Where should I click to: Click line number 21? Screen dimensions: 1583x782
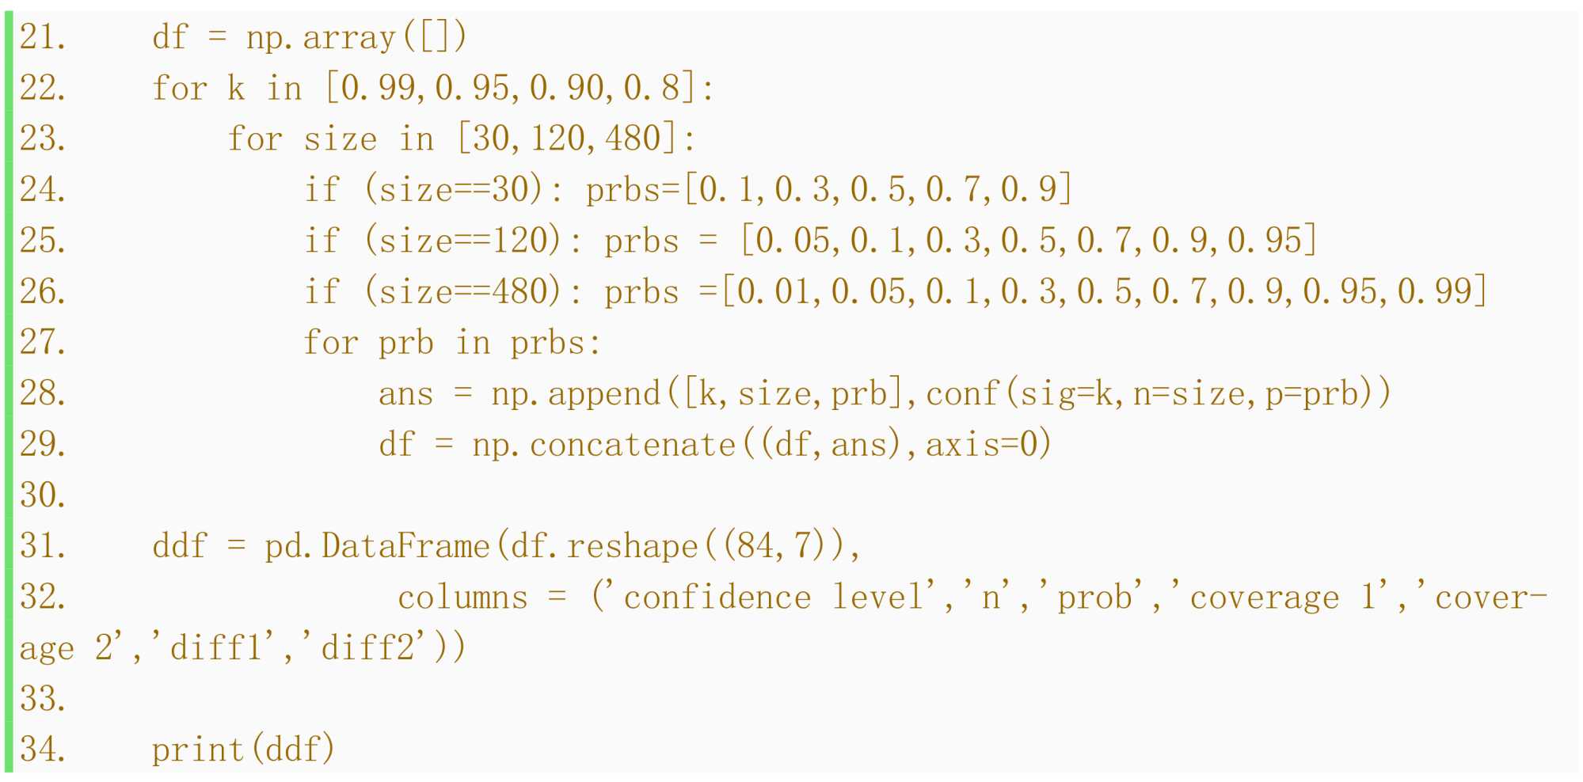pos(41,37)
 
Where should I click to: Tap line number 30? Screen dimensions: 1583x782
pos(41,495)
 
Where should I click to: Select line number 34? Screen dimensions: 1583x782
pos(41,750)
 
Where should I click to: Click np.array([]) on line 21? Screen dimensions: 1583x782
pos(356,37)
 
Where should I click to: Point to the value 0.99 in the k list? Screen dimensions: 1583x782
pos(379,88)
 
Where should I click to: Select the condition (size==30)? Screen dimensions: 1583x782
pos(455,190)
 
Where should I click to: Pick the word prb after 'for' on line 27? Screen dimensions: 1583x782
pos(405,343)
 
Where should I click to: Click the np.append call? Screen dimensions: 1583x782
pos(576,393)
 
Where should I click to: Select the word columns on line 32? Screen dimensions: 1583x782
pos(462,598)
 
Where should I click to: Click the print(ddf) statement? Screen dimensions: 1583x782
pos(244,750)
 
